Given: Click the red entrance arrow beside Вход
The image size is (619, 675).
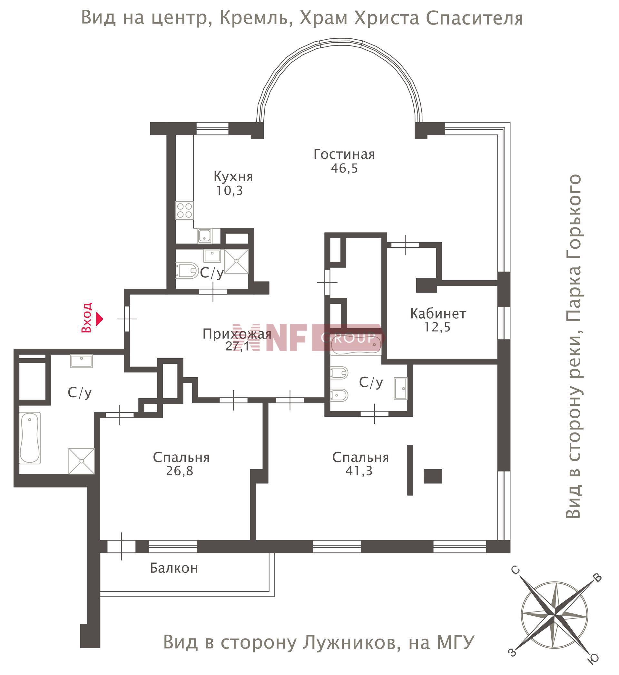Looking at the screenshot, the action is coord(100,319).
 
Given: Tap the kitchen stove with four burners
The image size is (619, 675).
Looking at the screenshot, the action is coord(184,210).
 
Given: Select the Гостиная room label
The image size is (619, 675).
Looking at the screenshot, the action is coord(344,154).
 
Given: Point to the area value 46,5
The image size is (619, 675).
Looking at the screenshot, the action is coord(344,168).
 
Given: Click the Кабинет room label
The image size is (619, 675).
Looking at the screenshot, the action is coord(438,313).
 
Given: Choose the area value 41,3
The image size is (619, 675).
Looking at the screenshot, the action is coord(359,471).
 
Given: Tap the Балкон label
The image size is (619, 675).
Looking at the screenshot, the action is coord(174,568).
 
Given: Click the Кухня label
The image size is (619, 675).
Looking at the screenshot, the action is coord(233,176).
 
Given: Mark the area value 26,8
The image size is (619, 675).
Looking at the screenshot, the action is coord(180,471).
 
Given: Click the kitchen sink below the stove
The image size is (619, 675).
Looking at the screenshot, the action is coord(204,236).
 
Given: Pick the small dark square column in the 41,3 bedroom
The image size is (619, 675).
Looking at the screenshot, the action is coord(433,476).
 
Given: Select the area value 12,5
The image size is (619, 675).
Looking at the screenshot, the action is coord(437,327).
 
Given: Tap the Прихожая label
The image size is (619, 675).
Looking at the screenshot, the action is coord(237,334).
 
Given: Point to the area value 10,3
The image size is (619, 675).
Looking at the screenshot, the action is coord(230,191).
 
